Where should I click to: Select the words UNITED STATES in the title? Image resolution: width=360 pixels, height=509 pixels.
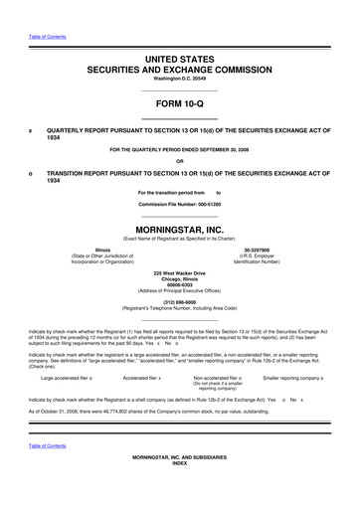(179, 61)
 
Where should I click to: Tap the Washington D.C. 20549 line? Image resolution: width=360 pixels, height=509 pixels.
(179, 81)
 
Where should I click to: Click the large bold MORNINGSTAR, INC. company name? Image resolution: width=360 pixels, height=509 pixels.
(179, 228)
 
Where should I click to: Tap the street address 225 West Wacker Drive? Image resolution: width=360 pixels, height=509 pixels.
(179, 272)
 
